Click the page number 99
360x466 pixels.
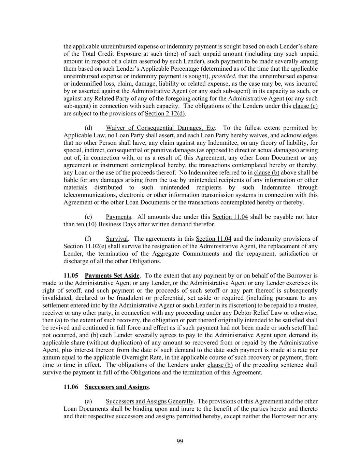[180, 441]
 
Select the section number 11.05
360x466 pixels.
[71, 276]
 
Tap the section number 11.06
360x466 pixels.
[71, 387]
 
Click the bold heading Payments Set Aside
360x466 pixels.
[112, 276]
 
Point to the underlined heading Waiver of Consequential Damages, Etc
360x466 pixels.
[160, 128]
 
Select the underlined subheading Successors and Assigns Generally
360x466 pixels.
[149, 401]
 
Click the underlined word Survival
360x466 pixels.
[117, 239]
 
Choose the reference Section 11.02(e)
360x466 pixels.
[85, 246]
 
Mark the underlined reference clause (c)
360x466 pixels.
[305, 106]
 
